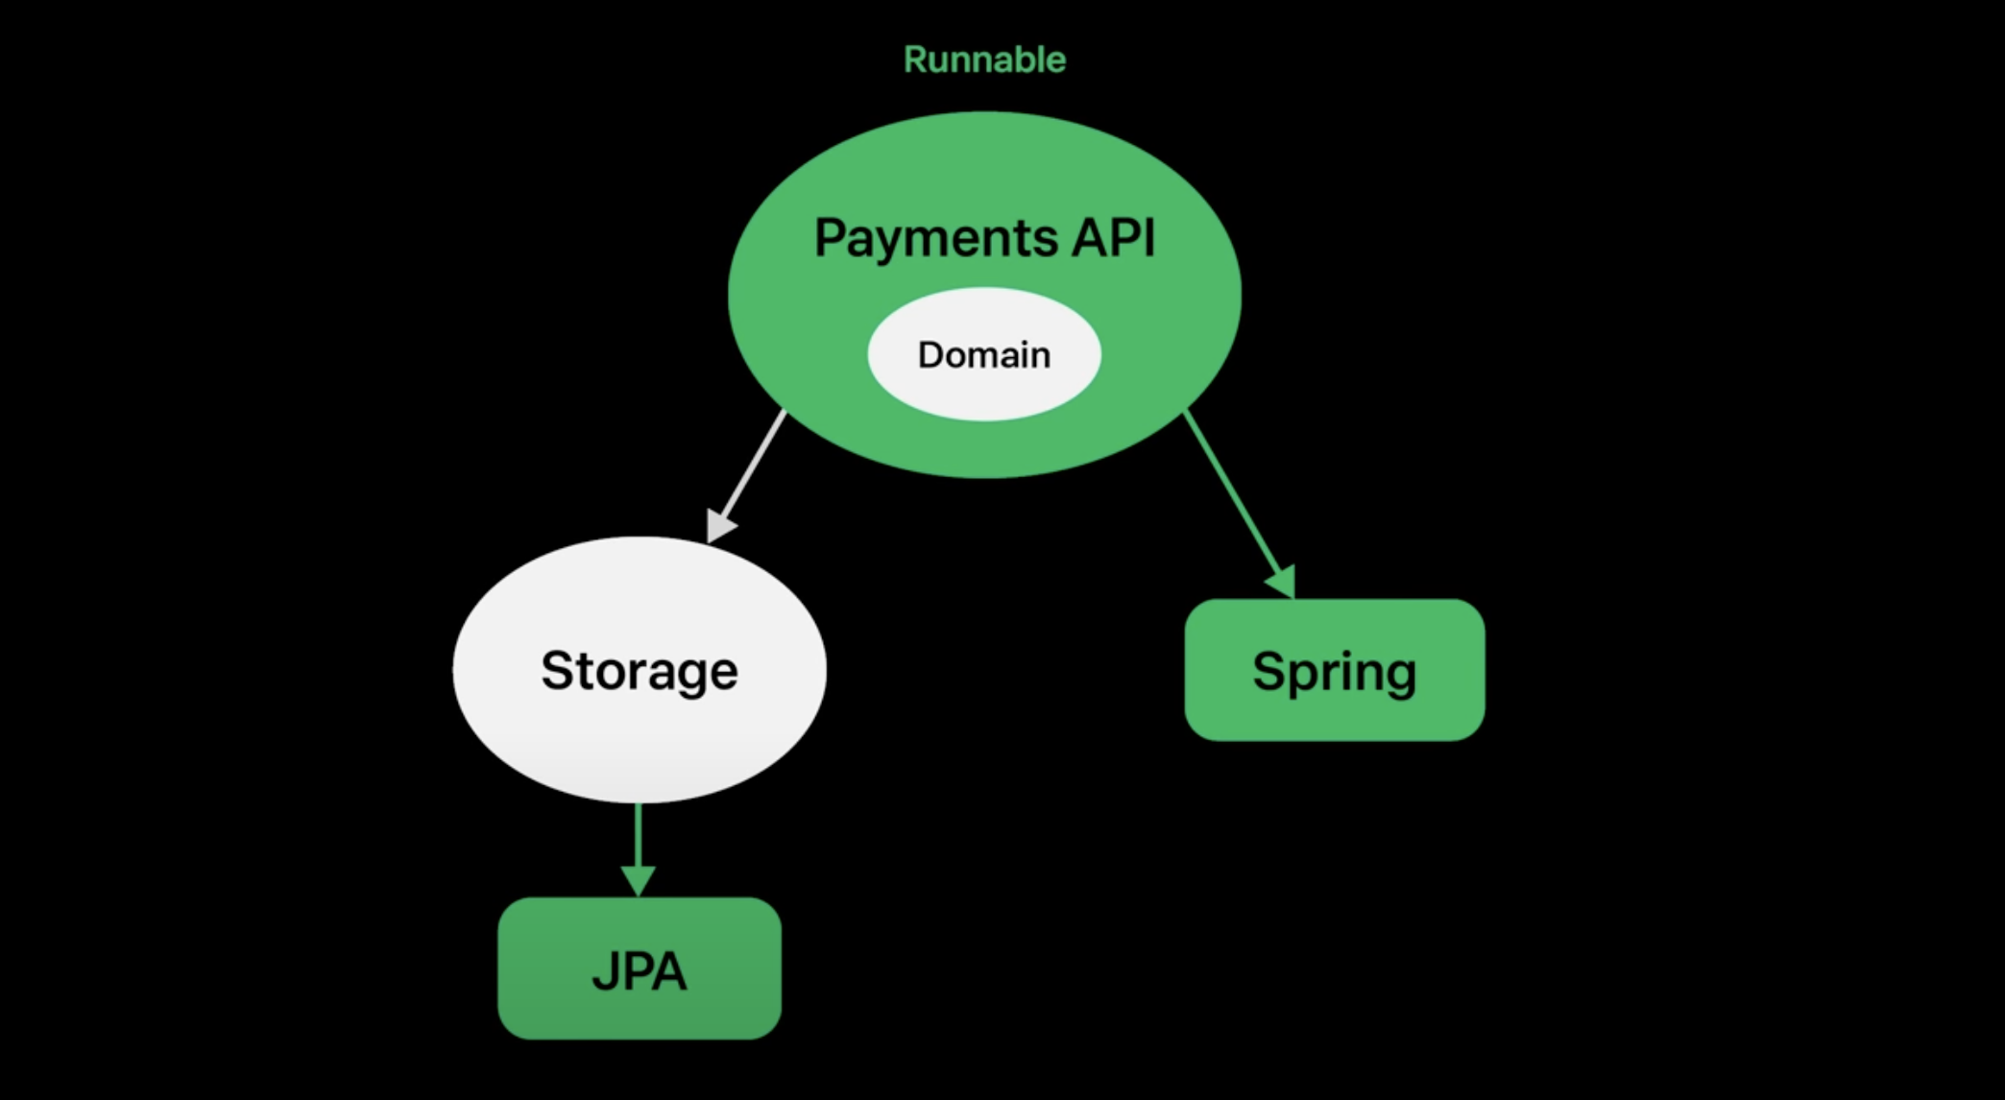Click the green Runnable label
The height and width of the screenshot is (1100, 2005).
984,60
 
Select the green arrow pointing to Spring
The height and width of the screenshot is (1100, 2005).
1234,494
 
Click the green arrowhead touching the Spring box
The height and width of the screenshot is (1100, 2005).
1283,581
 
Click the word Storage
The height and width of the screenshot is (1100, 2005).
639,670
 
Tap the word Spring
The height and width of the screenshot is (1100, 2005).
1335,671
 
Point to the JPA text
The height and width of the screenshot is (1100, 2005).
639,970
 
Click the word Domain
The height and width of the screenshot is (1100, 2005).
984,355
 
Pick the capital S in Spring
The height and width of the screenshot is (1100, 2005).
1270,670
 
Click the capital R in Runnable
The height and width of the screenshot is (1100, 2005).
914,60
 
